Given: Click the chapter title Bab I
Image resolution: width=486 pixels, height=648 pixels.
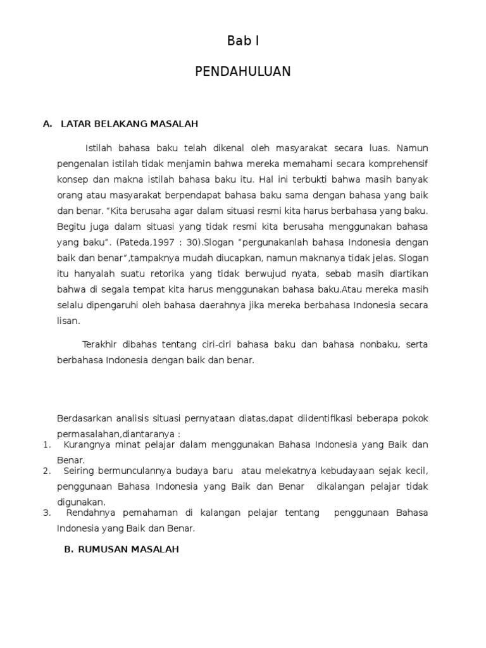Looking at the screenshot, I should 243,42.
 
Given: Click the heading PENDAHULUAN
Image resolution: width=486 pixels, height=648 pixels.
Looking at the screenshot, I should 243,72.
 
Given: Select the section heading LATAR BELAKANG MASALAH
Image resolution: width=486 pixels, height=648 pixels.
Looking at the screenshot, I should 130,124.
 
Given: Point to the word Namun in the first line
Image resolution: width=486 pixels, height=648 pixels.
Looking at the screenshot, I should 413,148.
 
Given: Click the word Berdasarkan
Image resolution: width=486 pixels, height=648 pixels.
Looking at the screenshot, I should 85,418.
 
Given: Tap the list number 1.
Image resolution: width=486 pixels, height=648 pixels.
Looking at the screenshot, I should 46,445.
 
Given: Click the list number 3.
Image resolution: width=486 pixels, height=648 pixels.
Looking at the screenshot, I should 46,513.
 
